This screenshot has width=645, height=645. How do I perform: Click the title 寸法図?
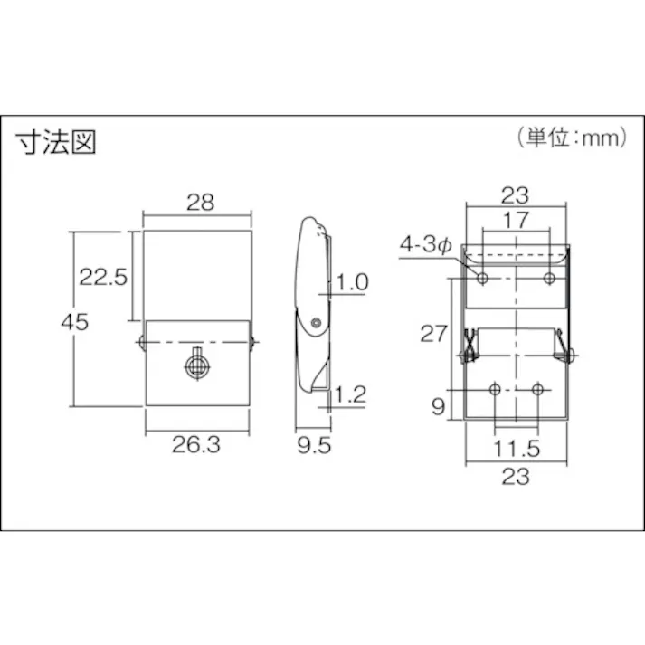[x=55, y=142]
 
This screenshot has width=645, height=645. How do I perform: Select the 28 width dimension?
[x=200, y=203]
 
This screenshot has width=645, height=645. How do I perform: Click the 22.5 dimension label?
[x=100, y=278]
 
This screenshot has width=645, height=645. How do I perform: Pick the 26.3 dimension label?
[x=197, y=443]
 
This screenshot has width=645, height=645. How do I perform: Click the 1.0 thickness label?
[x=352, y=282]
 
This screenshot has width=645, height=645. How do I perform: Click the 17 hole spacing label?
[x=516, y=220]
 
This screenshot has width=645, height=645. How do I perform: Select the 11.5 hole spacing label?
[x=517, y=447]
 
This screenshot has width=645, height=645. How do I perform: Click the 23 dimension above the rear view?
[x=516, y=194]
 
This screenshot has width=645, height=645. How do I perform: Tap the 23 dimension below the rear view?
[x=516, y=477]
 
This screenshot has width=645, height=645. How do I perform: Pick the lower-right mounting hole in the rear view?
[x=537, y=389]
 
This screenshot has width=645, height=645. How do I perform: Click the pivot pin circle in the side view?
[x=315, y=323]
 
